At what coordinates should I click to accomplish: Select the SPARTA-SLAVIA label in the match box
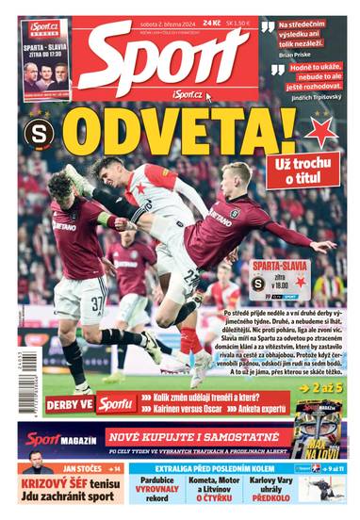[x=280, y=267]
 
